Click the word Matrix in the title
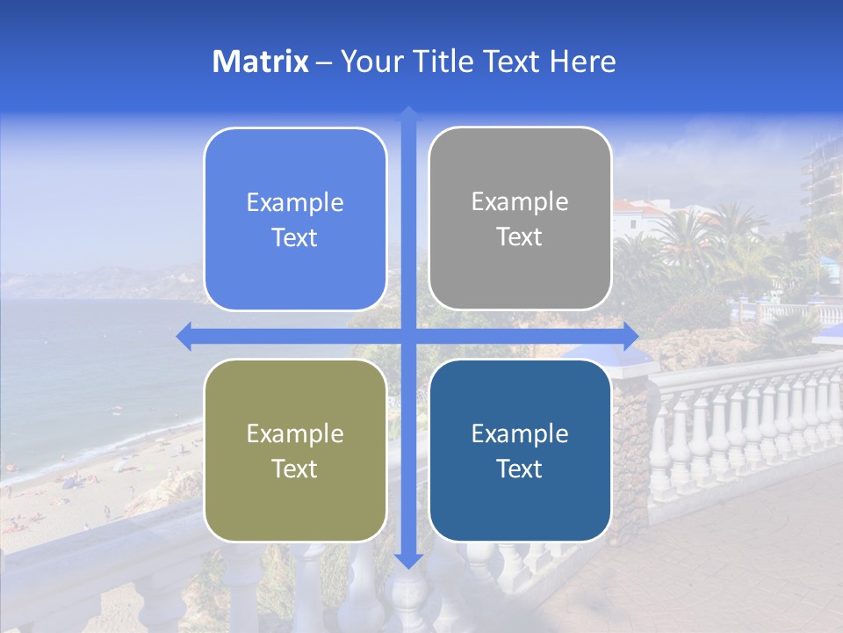(x=261, y=62)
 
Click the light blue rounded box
(x=295, y=219)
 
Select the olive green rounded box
(x=295, y=450)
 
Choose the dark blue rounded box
(x=520, y=450)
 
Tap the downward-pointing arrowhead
(x=408, y=561)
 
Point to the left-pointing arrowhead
(x=183, y=336)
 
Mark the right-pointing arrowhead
(x=631, y=336)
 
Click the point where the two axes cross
(x=408, y=336)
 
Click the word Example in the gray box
(x=520, y=202)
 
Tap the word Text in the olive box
(x=295, y=469)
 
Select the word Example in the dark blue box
(x=520, y=433)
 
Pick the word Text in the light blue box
(x=295, y=237)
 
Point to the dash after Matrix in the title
(x=324, y=62)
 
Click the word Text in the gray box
(x=520, y=237)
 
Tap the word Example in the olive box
(x=295, y=433)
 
